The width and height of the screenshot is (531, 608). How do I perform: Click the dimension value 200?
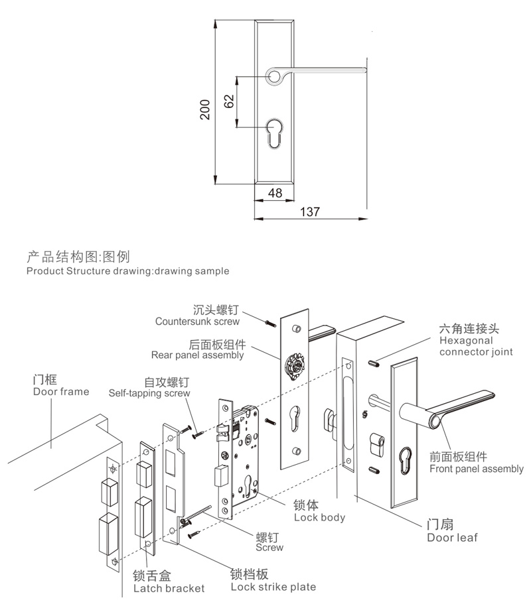pos(205,109)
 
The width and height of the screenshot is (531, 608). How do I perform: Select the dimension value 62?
pos(229,101)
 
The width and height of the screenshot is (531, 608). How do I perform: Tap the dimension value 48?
pos(275,193)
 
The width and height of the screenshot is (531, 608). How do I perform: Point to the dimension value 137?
pos(310,212)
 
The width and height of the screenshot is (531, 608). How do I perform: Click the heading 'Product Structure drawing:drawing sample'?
pos(127,271)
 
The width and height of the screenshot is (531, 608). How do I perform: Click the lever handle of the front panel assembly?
pos(465,404)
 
